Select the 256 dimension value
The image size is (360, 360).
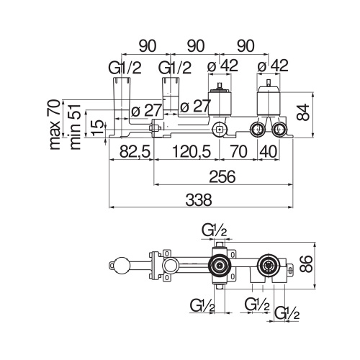[224, 175]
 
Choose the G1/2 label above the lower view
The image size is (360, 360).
[215, 230]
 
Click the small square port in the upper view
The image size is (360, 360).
[219, 130]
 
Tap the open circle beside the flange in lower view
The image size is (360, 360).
[170, 266]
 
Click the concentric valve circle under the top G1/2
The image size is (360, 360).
[217, 266]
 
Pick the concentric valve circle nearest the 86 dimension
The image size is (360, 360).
[269, 266]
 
